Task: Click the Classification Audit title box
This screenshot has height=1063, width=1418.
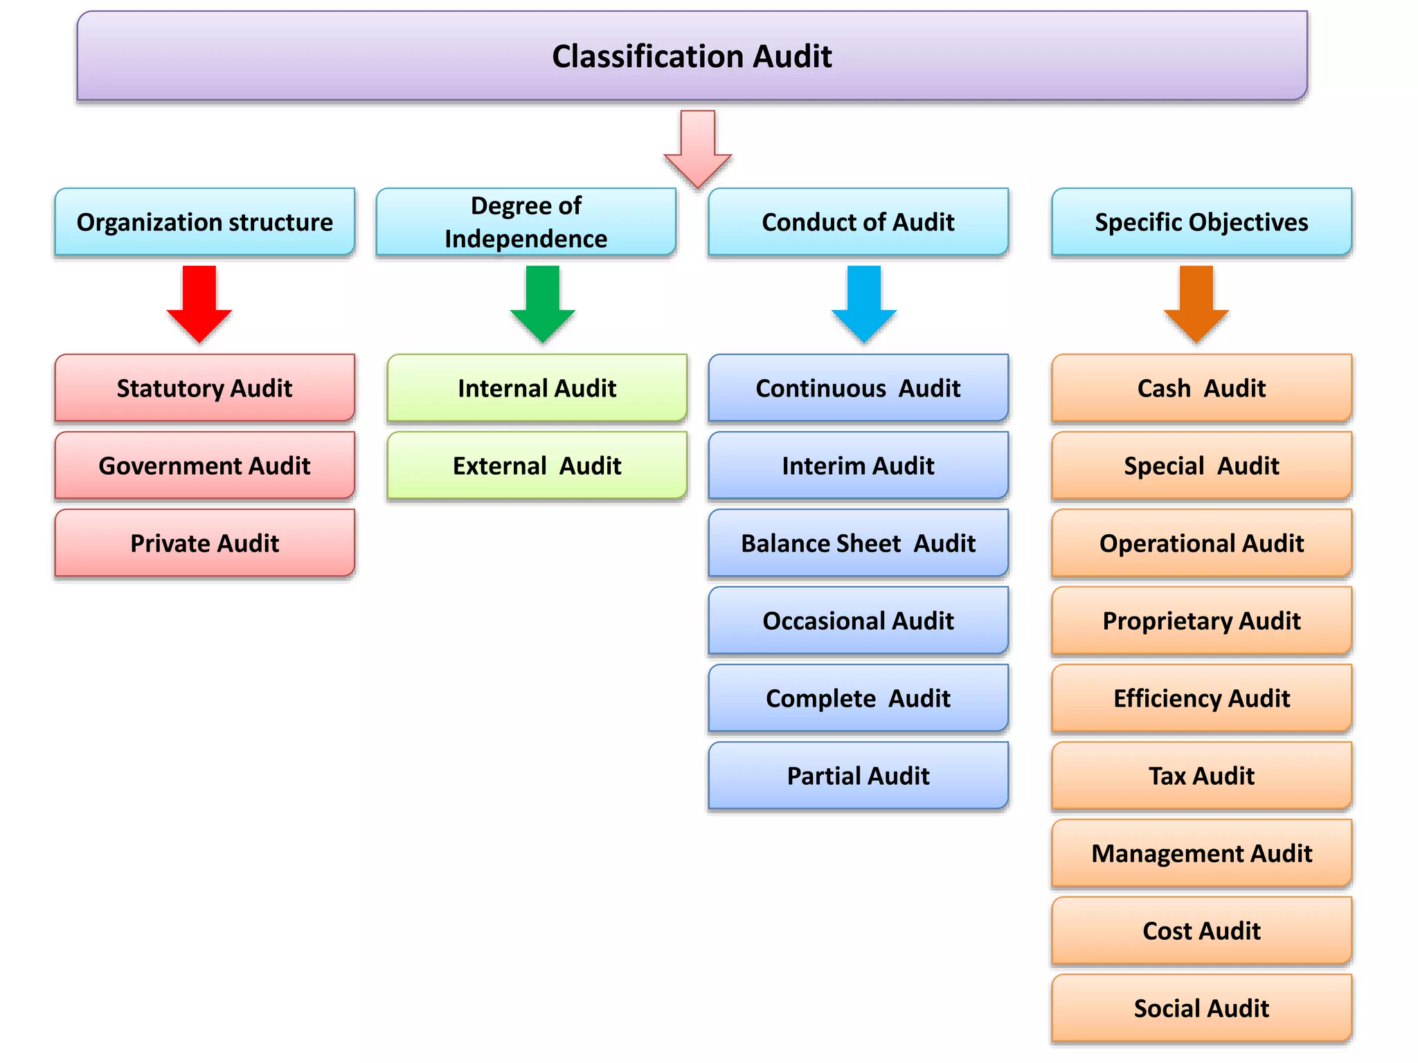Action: [692, 56]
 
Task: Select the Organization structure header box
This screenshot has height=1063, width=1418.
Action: [204, 222]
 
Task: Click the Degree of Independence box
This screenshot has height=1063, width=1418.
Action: [526, 222]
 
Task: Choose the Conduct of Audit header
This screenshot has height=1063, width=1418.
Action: [858, 222]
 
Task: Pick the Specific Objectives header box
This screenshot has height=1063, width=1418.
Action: [1201, 222]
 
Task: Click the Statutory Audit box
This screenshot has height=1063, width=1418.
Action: [204, 388]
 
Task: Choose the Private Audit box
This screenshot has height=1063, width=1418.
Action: [204, 543]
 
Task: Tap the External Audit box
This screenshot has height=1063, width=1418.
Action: [537, 466]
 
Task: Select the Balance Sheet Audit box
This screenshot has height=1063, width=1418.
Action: [858, 543]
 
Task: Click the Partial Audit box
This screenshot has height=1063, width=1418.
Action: [858, 776]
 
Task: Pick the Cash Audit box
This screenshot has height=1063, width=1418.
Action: [1201, 388]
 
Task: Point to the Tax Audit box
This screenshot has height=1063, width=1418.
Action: [1201, 776]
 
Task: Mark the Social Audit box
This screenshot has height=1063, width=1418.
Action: [1201, 1008]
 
